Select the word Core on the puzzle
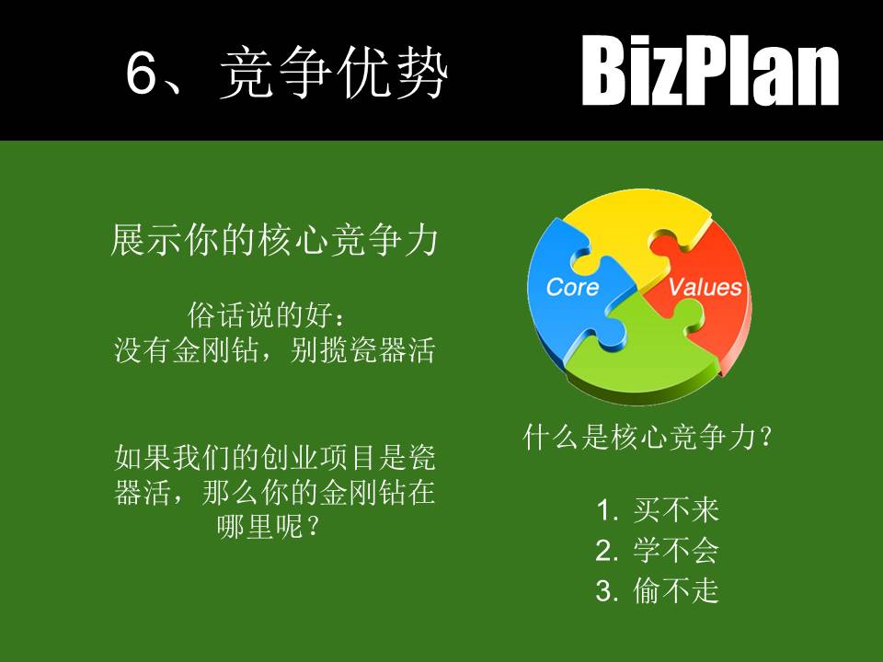point(572,287)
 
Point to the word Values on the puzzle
point(705,287)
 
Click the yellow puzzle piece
point(635,230)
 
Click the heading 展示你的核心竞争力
point(273,241)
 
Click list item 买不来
point(676,510)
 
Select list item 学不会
point(676,551)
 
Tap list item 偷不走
point(676,591)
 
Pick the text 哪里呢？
point(273,527)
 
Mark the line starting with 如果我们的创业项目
point(273,456)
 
